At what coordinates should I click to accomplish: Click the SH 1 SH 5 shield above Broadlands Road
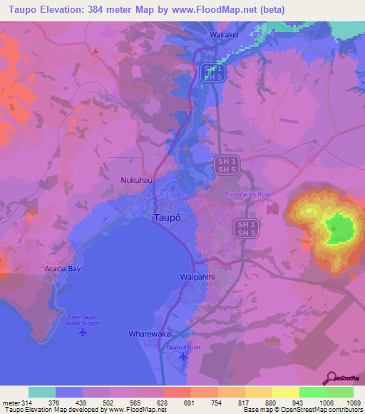(227, 166)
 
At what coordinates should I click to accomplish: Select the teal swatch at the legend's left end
(42, 392)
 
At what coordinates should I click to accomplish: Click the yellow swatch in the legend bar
(286, 392)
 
